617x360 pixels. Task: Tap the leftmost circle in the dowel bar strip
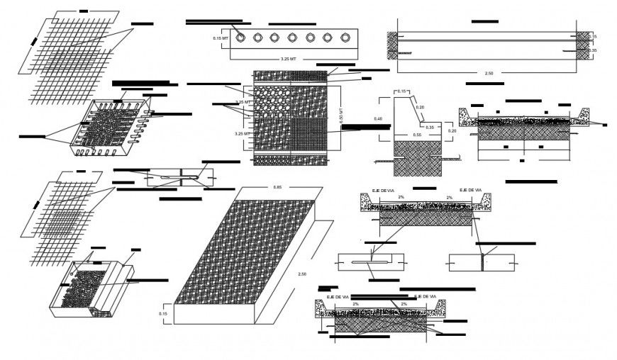241,38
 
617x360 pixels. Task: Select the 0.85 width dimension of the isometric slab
277,187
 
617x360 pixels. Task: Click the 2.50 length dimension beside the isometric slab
303,274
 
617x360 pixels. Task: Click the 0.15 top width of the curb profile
401,91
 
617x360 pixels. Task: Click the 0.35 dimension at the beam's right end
592,50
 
